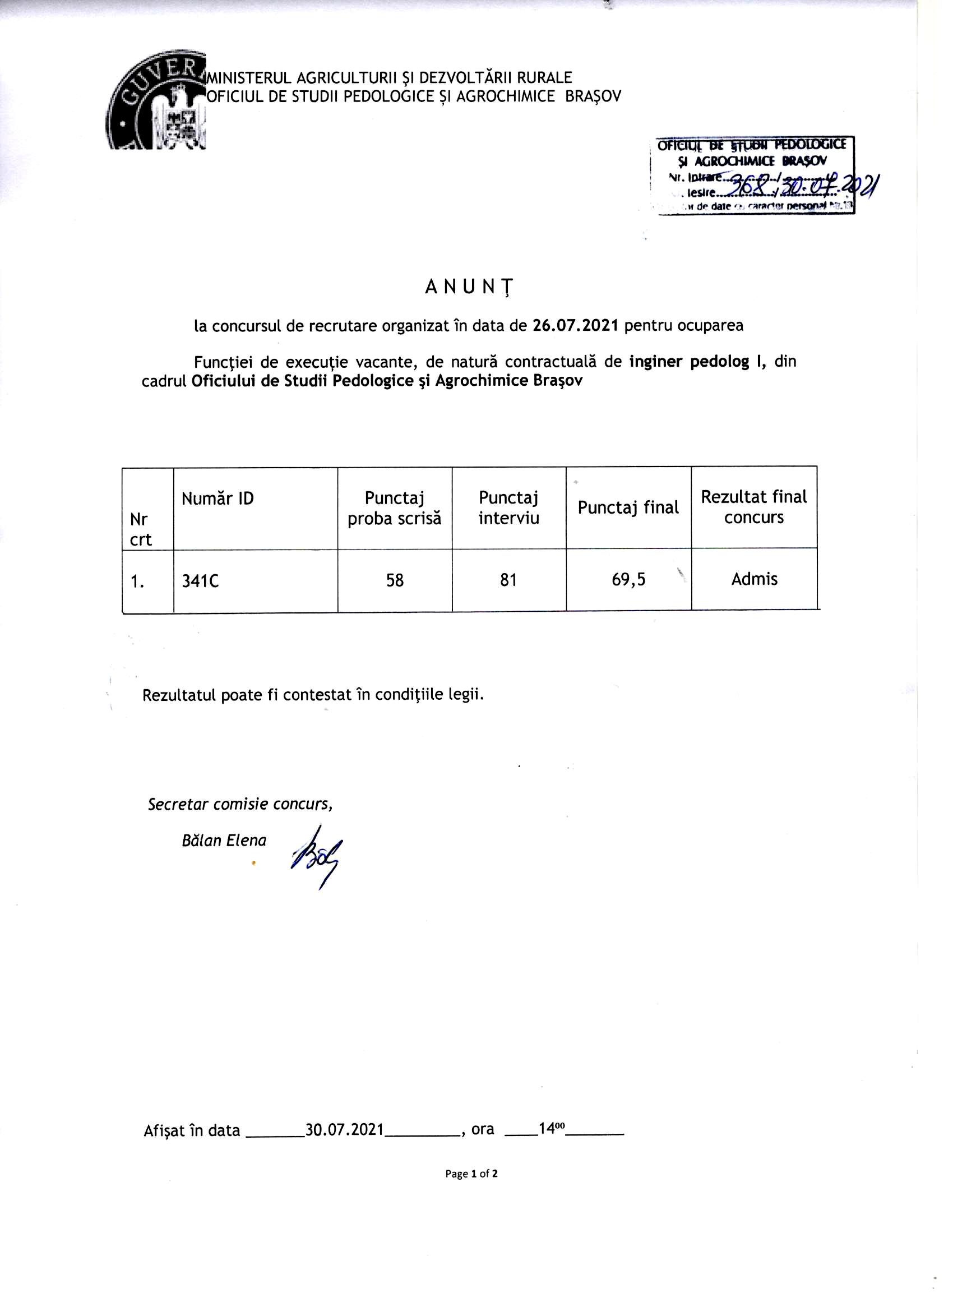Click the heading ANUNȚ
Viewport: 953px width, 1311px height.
[469, 287]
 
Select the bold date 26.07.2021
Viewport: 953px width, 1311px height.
[575, 325]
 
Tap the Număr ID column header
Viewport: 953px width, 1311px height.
[218, 498]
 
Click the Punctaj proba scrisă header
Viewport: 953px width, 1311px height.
[394, 508]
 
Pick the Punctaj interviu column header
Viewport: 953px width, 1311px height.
[508, 507]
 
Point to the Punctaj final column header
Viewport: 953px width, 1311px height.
[628, 507]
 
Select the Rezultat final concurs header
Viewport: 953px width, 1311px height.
[753, 506]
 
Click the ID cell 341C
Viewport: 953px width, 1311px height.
[200, 581]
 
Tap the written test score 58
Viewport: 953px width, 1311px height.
[395, 580]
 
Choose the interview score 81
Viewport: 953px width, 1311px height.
[508, 580]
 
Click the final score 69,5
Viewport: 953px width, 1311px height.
[629, 580]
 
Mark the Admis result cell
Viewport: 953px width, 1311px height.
[754, 579]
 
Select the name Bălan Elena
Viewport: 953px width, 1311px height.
[224, 841]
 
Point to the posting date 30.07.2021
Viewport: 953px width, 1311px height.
[344, 1129]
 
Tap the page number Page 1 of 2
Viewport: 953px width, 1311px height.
[471, 1174]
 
